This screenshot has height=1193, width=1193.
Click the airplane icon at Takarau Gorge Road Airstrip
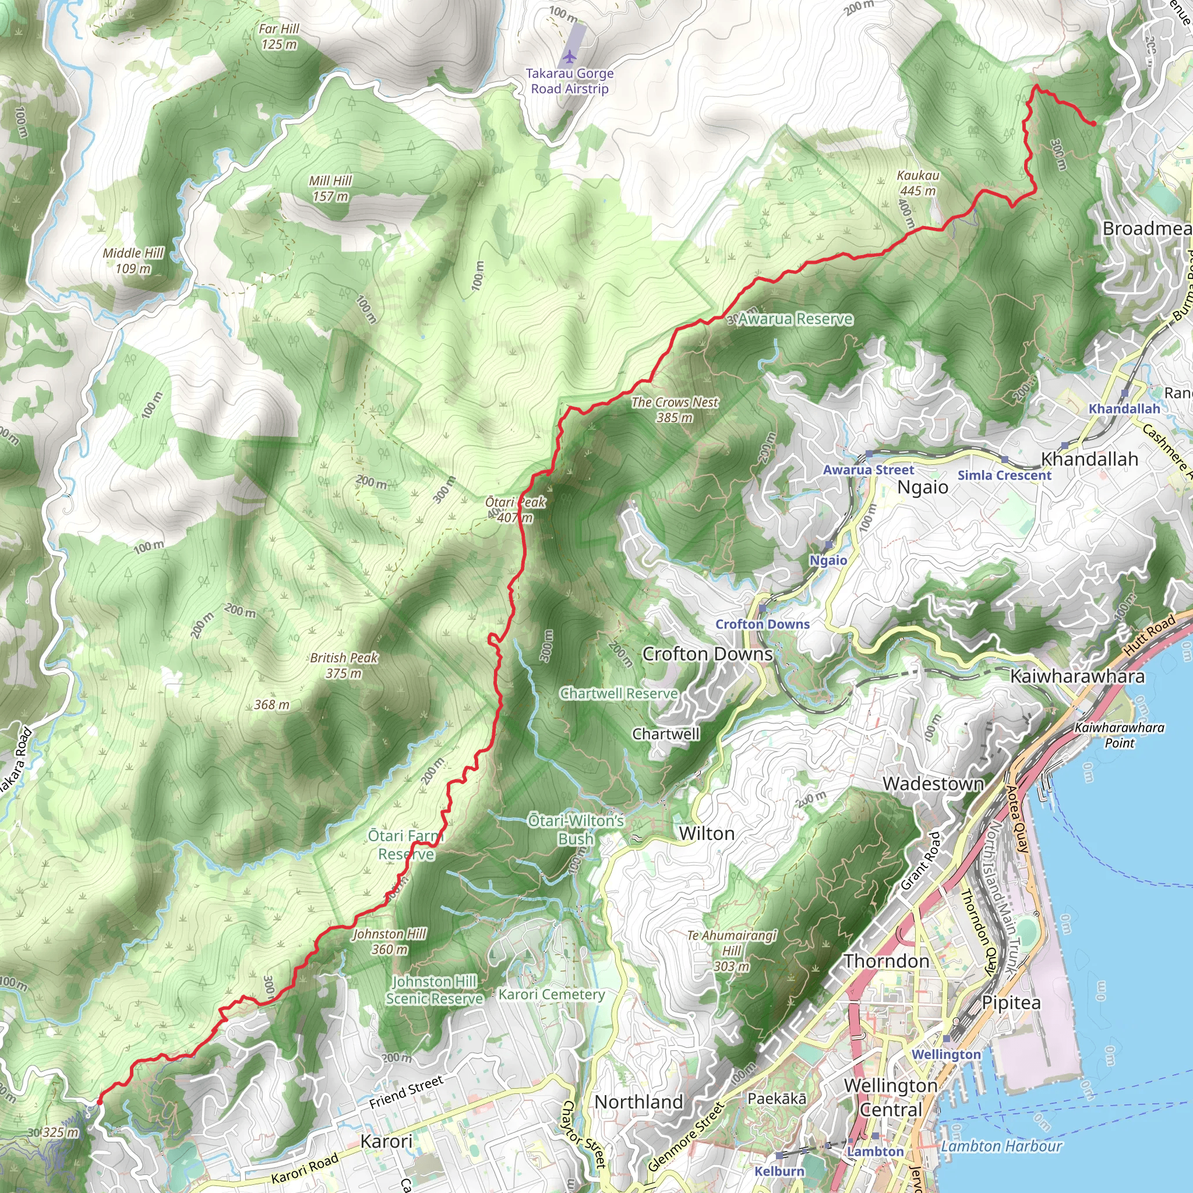tap(569, 57)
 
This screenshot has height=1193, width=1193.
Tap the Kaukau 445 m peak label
tap(917, 183)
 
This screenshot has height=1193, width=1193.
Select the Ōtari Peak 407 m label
tap(515, 510)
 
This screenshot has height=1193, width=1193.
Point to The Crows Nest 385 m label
tap(675, 410)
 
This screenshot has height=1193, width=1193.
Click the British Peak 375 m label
tap(344, 665)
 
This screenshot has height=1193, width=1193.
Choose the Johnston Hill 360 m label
tap(390, 942)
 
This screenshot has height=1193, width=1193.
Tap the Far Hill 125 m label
tap(279, 37)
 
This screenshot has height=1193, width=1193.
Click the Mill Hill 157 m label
tap(330, 188)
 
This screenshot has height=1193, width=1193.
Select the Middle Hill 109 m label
tap(133, 260)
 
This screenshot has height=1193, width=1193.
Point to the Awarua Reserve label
tap(795, 319)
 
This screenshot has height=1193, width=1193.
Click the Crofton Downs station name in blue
tap(762, 624)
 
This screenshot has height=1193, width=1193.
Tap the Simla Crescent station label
tap(1004, 475)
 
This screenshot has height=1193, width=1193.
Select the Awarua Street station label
tap(868, 470)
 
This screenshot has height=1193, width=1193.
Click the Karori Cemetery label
tap(552, 994)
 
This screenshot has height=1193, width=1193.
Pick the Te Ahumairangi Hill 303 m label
tap(732, 950)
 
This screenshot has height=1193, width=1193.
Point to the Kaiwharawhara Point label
tap(1119, 735)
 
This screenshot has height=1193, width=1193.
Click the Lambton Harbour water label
tap(1001, 1146)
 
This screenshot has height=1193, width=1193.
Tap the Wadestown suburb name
tap(933, 783)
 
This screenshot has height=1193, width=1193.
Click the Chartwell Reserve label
tap(619, 693)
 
